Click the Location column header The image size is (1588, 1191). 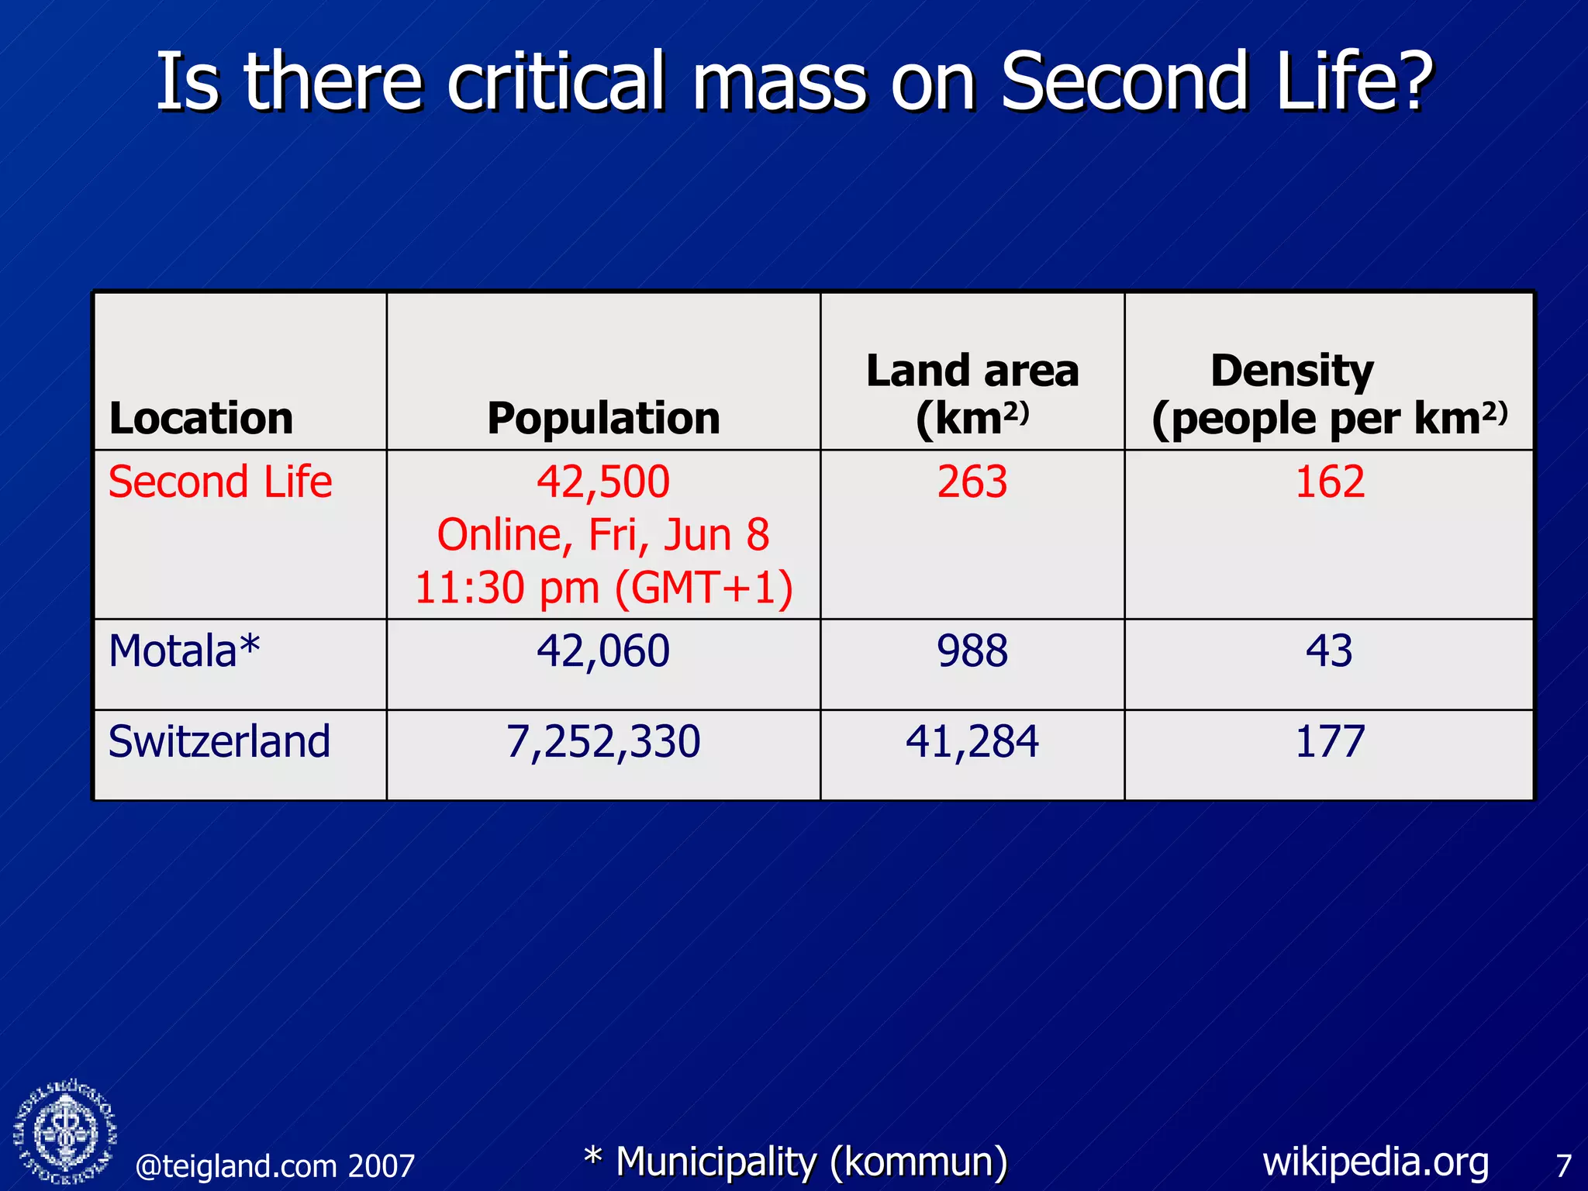pyautogui.click(x=202, y=419)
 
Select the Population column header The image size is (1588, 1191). pyautogui.click(x=603, y=419)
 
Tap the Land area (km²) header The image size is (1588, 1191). pyautogui.click(x=972, y=394)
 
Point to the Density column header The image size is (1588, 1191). pyautogui.click(x=1329, y=394)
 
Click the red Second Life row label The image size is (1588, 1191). pyautogui.click(x=220, y=482)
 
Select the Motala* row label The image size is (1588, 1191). pyautogui.click(x=185, y=651)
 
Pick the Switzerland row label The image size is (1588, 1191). pyautogui.click(x=219, y=741)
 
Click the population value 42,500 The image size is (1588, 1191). pyautogui.click(x=603, y=482)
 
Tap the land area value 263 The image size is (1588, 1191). pyautogui.click(x=972, y=482)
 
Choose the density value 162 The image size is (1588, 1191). pyautogui.click(x=1329, y=482)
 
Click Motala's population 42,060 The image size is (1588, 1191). pyautogui.click(x=603, y=651)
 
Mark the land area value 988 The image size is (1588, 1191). pyautogui.click(x=972, y=651)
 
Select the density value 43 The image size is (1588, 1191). pyautogui.click(x=1329, y=651)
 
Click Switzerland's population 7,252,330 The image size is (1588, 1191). pyautogui.click(x=603, y=741)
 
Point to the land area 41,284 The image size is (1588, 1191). pyautogui.click(x=972, y=741)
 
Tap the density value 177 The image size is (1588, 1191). pyautogui.click(x=1329, y=741)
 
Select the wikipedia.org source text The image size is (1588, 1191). pyautogui.click(x=1376, y=1162)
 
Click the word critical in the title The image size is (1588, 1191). pyautogui.click(x=556, y=81)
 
